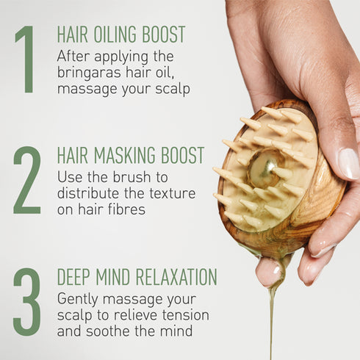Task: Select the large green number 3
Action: coord(26,301)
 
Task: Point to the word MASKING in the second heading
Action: coord(123,155)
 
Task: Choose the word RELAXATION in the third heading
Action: coord(173,277)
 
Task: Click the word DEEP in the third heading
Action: coord(75,277)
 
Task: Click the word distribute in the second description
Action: coord(87,194)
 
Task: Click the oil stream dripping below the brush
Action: coord(273,309)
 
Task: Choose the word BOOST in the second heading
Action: coord(182,155)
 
